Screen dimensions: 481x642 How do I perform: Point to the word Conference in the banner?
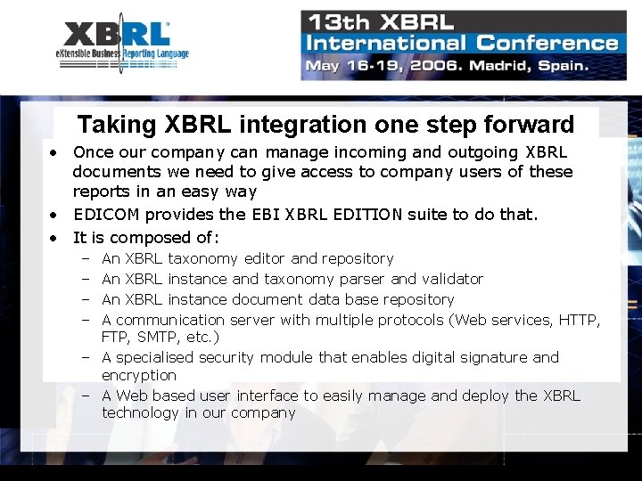[x=547, y=43]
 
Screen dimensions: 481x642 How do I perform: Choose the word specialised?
[x=155, y=357]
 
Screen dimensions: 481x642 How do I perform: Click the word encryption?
[x=139, y=375]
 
